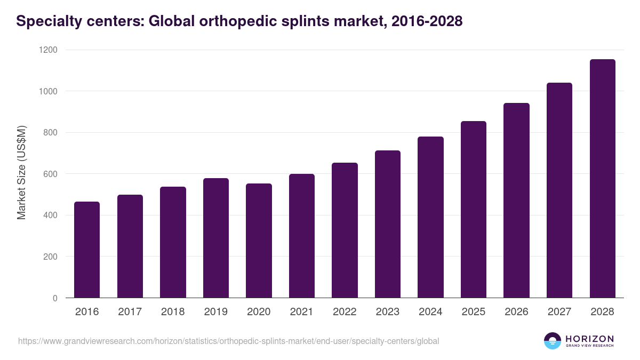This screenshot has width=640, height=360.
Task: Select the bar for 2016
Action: pos(87,250)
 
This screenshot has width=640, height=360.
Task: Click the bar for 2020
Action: pos(259,241)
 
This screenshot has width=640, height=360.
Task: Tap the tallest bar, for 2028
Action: pos(602,179)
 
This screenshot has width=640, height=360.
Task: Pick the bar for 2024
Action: pos(430,217)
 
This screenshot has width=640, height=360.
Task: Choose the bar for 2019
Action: pos(215,238)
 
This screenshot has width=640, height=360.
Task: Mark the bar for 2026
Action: pos(516,201)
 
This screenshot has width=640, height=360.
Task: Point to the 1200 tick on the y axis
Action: pos(49,50)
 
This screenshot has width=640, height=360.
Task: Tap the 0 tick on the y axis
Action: pos(55,298)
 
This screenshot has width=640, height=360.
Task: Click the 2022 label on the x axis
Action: pos(345,312)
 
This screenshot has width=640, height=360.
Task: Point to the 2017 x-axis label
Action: pos(130,312)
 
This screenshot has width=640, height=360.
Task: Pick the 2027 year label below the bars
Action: pos(559,312)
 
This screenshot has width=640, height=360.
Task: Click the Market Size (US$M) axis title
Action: pos(21,174)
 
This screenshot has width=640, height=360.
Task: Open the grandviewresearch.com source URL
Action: pos(228,341)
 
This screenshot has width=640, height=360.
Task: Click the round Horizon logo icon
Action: pos(553,341)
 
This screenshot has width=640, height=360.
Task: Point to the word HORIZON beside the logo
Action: pos(589,338)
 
